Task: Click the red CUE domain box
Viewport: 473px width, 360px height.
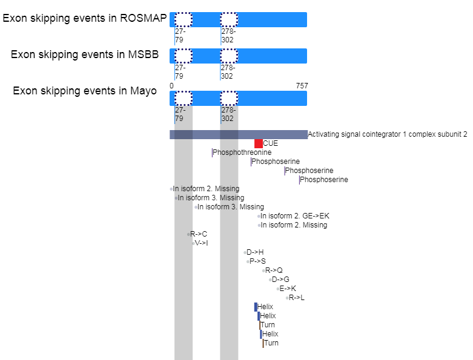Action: point(259,143)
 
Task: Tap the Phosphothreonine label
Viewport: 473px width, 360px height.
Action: point(242,152)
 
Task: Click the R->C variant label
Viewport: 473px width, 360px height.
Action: point(199,234)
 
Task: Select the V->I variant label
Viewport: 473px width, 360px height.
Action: point(201,243)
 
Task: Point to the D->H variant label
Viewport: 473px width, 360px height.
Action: point(255,252)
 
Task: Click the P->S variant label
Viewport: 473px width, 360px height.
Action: point(257,261)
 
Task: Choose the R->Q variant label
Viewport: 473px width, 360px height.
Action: point(274,270)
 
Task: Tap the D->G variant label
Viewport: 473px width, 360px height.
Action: point(280,280)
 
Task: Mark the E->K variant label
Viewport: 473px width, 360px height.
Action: point(288,289)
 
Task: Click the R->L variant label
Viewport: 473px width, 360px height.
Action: point(297,298)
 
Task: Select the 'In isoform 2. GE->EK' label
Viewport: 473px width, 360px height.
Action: point(295,216)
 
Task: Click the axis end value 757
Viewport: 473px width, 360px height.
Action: point(302,86)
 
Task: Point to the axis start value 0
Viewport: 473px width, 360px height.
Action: point(171,86)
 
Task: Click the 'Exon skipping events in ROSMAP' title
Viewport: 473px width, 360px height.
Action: point(84,18)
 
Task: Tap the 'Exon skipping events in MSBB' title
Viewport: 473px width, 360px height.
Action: point(85,54)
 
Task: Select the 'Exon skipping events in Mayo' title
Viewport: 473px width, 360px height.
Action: point(85,91)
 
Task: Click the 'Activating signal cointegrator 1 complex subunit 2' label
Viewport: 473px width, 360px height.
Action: point(388,134)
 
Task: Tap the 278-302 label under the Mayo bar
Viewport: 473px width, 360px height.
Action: point(228,114)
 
